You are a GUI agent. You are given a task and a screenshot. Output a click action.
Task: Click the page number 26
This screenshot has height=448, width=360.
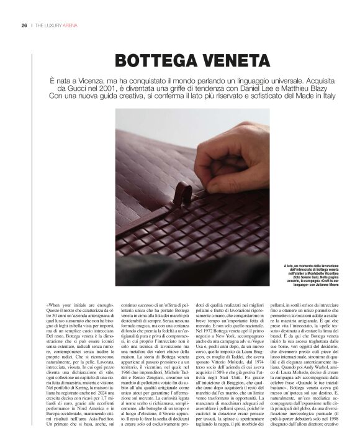(23, 25)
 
